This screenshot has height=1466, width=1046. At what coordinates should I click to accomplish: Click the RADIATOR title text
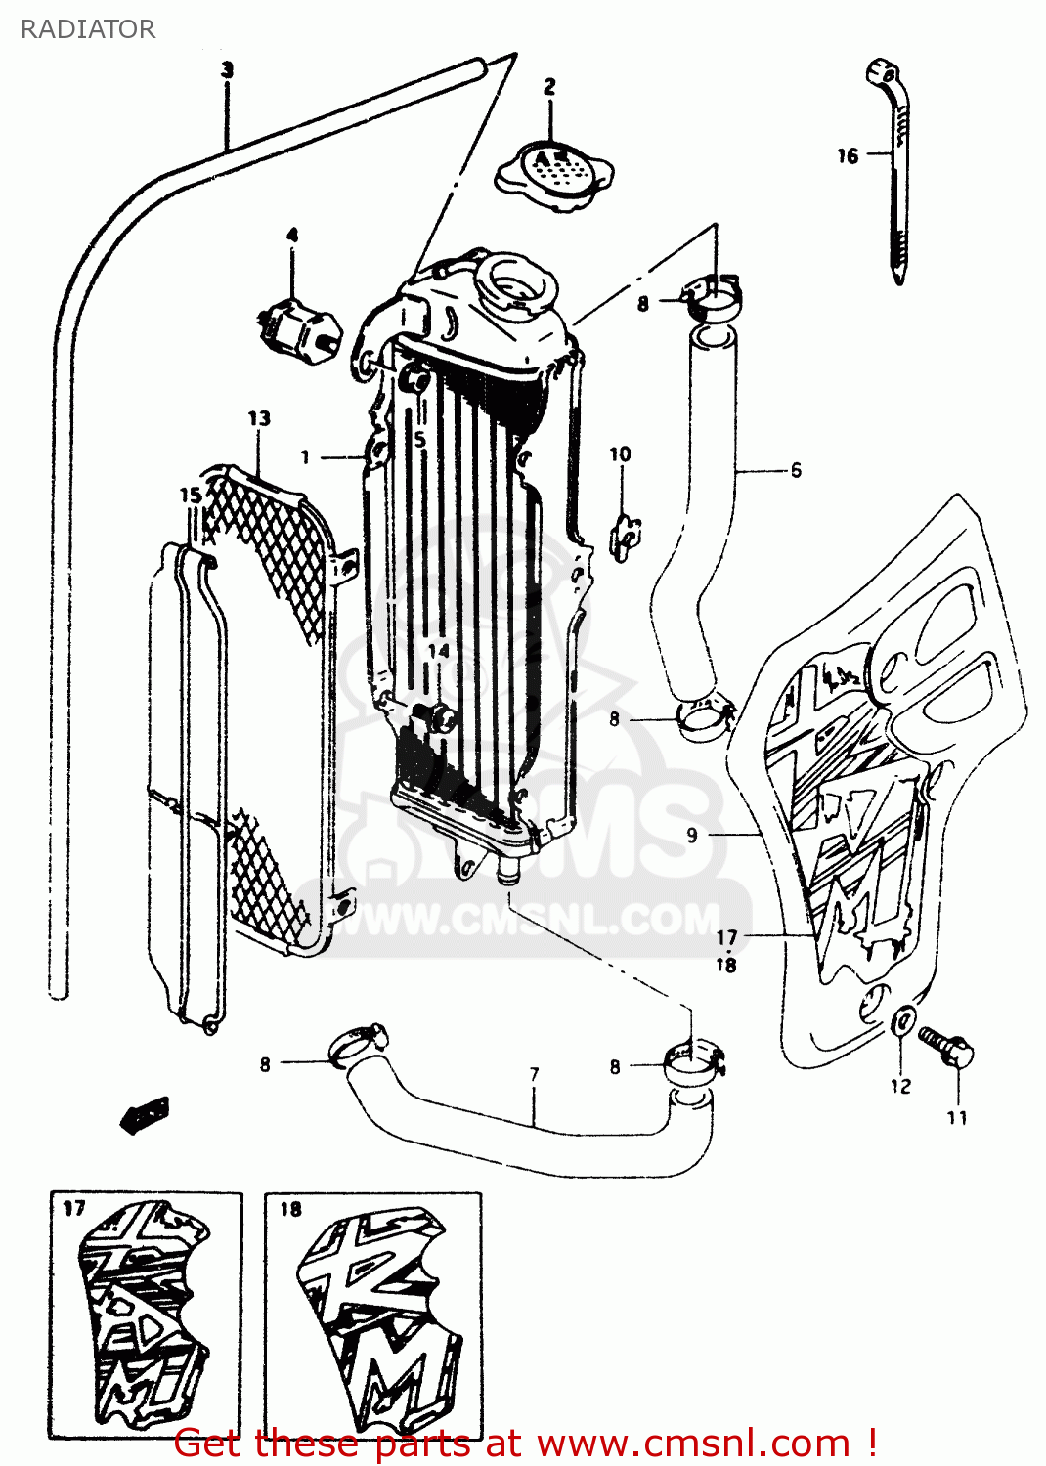[x=87, y=29]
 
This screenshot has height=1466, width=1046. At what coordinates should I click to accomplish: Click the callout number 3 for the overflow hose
[x=227, y=70]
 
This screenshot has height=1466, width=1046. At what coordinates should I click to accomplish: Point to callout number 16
[x=847, y=155]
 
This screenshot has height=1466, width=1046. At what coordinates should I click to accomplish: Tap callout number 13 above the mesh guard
[x=259, y=418]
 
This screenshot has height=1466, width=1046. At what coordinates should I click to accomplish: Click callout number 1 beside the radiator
[x=305, y=456]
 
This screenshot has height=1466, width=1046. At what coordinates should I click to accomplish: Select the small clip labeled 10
[x=624, y=534]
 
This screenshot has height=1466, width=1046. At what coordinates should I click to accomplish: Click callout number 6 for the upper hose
[x=796, y=471]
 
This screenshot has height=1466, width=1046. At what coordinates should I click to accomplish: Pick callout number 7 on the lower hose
[x=534, y=1074]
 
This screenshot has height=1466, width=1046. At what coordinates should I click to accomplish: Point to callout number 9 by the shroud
[x=692, y=835]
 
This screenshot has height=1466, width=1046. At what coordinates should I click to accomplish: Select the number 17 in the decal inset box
[x=74, y=1209]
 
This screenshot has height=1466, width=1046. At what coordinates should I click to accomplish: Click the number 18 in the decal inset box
[x=290, y=1209]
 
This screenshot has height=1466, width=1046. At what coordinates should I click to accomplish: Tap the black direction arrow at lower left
[x=145, y=1114]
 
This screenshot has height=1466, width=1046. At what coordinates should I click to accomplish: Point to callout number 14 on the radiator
[x=438, y=651]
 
